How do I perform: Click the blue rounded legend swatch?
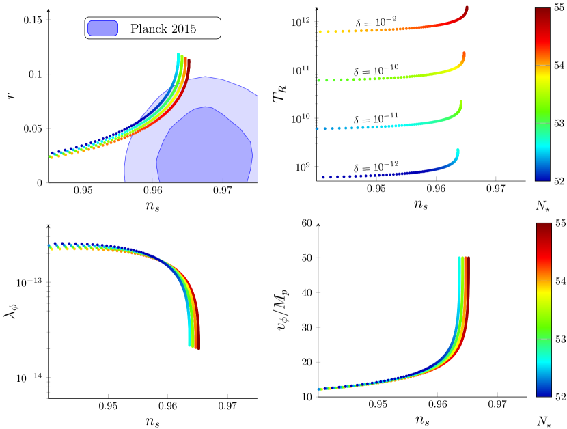(x=102, y=28)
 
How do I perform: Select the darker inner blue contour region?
(x=205, y=147)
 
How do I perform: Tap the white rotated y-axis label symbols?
(x=11, y=96)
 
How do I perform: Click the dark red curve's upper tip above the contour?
(x=188, y=61)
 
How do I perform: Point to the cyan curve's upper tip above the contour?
(x=178, y=55)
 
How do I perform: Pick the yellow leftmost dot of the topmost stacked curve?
(x=320, y=31)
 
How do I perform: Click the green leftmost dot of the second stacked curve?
(x=318, y=80)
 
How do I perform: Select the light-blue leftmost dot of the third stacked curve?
(x=317, y=128)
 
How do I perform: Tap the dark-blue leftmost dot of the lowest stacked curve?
(x=323, y=177)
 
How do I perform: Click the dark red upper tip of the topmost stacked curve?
(x=467, y=8)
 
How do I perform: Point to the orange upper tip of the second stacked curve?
(x=464, y=54)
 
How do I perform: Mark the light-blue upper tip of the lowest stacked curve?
(x=458, y=151)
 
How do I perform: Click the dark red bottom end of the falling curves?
(x=197, y=348)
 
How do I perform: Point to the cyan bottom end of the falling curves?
(x=189, y=345)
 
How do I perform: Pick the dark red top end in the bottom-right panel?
(x=468, y=258)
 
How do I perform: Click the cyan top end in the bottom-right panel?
(x=459, y=258)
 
